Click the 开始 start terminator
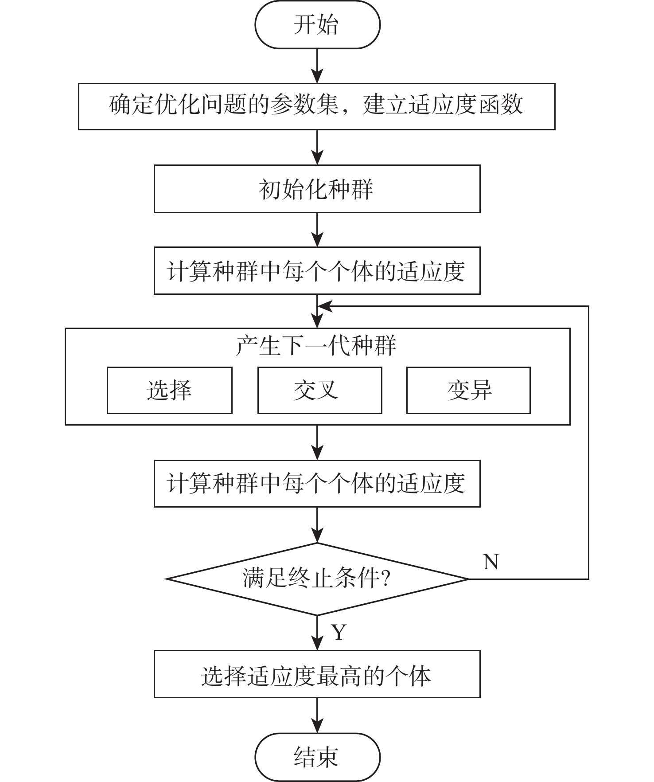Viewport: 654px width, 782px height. point(317,24)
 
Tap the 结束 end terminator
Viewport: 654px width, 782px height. point(317,757)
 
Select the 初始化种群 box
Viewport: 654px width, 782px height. point(317,189)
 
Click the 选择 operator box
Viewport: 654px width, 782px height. point(169,390)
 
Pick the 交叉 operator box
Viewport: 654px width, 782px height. point(319,390)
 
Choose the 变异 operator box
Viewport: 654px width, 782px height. point(468,390)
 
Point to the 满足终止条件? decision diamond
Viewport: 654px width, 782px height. point(317,579)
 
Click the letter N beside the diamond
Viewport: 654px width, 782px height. point(491,562)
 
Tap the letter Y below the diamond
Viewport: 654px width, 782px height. point(339,632)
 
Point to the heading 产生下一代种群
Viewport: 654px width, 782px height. point(316,345)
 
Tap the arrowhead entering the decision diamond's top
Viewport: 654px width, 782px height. point(317,536)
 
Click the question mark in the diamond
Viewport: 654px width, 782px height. point(385,579)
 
